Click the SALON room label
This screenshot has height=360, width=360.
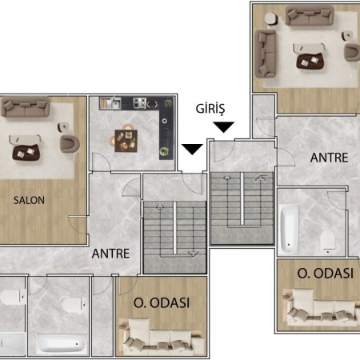click(29, 200)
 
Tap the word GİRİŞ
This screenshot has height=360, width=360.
click(210, 109)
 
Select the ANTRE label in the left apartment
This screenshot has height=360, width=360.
click(110, 254)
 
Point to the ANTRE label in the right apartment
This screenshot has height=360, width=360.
click(330, 158)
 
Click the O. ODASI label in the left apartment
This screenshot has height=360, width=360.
click(162, 303)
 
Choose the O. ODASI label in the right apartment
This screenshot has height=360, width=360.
click(326, 274)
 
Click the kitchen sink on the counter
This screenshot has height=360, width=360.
click(110, 103)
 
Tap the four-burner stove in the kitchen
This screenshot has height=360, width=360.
click(140, 103)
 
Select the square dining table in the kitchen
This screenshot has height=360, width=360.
click(126, 141)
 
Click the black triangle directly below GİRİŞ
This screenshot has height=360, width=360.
click(224, 127)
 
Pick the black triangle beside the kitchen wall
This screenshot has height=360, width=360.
click(192, 149)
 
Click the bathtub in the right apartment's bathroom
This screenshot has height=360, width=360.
click(290, 229)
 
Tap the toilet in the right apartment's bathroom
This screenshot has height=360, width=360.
click(328, 241)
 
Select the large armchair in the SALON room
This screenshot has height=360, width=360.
click(70, 144)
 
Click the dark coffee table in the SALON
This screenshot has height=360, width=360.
click(26, 153)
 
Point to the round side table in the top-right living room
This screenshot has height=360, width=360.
click(271, 18)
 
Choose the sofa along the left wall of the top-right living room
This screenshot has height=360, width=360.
click(266, 54)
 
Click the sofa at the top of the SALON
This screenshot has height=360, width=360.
click(26, 107)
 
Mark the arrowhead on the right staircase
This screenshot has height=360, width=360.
click(261, 177)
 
